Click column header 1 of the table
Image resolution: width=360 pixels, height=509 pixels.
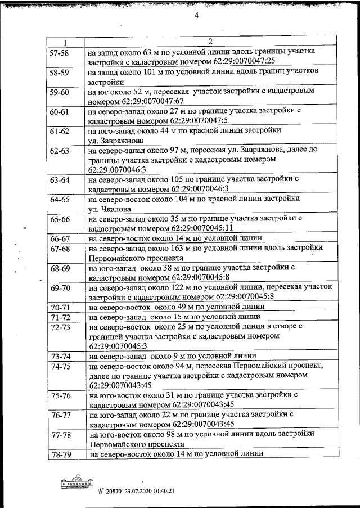coord(64,42)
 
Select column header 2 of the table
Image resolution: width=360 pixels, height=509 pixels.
coord(209,42)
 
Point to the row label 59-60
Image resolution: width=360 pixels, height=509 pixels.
coord(60,92)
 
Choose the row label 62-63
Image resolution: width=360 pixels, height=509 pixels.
coord(60,151)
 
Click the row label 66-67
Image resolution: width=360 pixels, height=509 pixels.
coord(60,238)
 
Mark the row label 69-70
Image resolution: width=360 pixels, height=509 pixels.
coord(60,289)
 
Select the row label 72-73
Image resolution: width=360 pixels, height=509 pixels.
coord(60,327)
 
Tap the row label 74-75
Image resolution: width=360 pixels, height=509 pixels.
coord(60,366)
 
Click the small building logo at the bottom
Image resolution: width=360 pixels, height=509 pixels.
coord(77,484)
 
